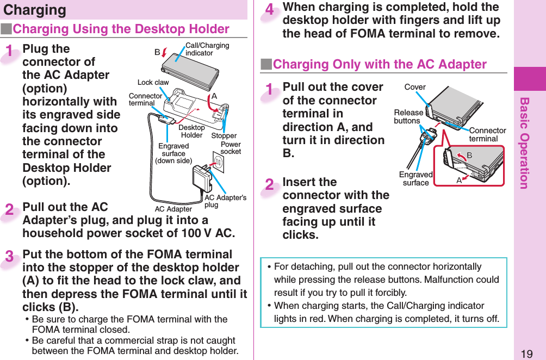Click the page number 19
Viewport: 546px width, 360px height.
click(x=526, y=354)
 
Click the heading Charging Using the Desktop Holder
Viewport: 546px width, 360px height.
click(x=121, y=29)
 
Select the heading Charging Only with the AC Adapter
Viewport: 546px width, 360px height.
click(x=379, y=64)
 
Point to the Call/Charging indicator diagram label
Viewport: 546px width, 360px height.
click(x=207, y=49)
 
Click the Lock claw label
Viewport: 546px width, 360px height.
click(x=153, y=83)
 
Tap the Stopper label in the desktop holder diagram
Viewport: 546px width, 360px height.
click(x=224, y=136)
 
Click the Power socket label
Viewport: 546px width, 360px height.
click(x=231, y=148)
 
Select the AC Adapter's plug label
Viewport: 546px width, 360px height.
click(x=225, y=201)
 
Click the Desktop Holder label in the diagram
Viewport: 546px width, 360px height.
click(x=191, y=131)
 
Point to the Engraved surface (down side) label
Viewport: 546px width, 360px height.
click(x=173, y=153)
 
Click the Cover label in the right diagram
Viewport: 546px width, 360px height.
click(x=415, y=87)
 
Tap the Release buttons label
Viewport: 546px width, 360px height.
click(x=408, y=116)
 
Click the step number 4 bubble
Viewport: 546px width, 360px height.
click(x=270, y=11)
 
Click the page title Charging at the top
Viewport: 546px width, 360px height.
click(x=35, y=10)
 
